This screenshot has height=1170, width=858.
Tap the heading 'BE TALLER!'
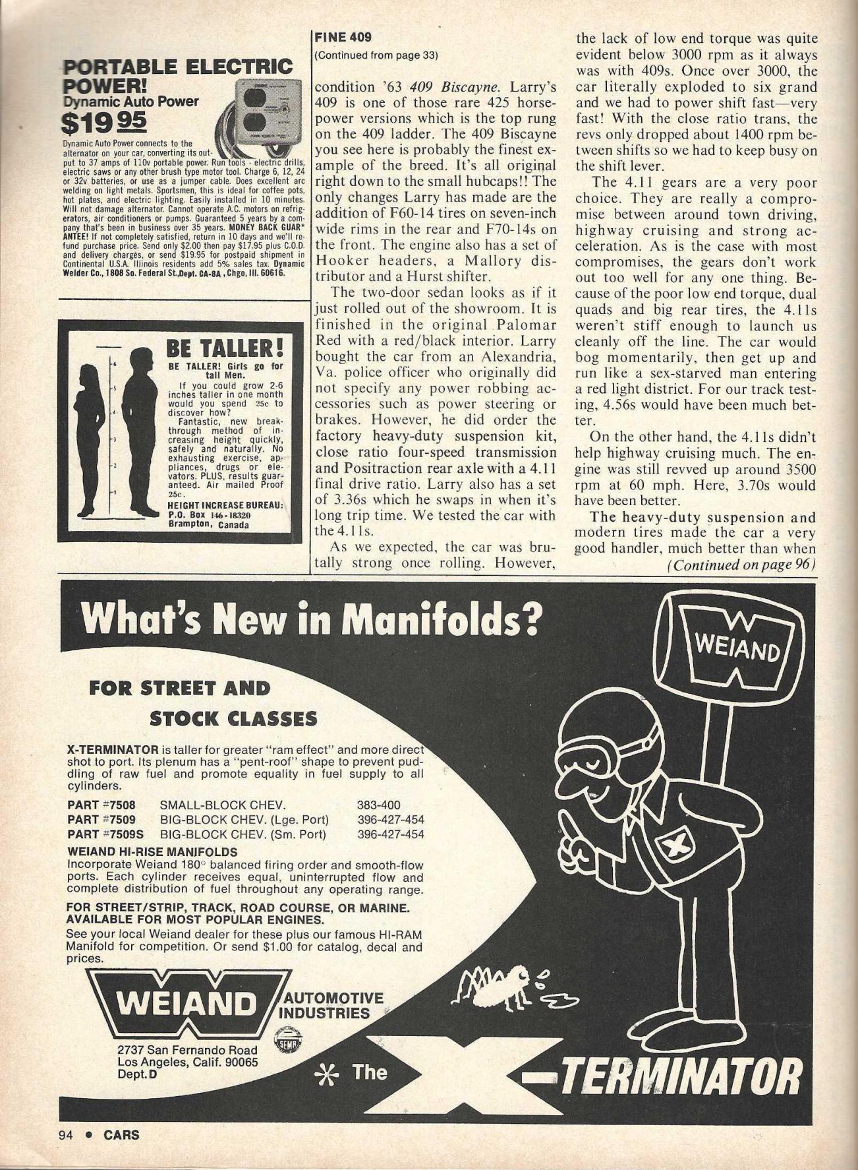pyautogui.click(x=224, y=348)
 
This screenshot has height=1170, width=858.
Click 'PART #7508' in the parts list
pyautogui.click(x=101, y=805)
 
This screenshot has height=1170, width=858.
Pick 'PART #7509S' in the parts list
pyautogui.click(x=105, y=834)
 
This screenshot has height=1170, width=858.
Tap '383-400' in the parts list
pyautogui.click(x=378, y=805)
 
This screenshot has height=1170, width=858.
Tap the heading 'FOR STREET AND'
pyautogui.click(x=179, y=689)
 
